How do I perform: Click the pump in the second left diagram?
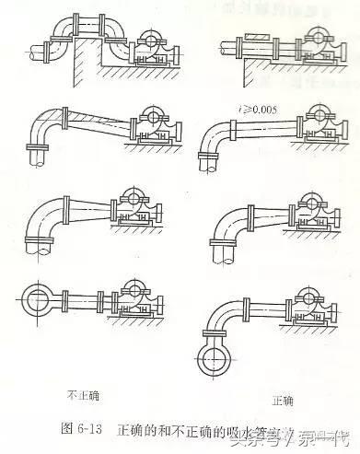point(153,125)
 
